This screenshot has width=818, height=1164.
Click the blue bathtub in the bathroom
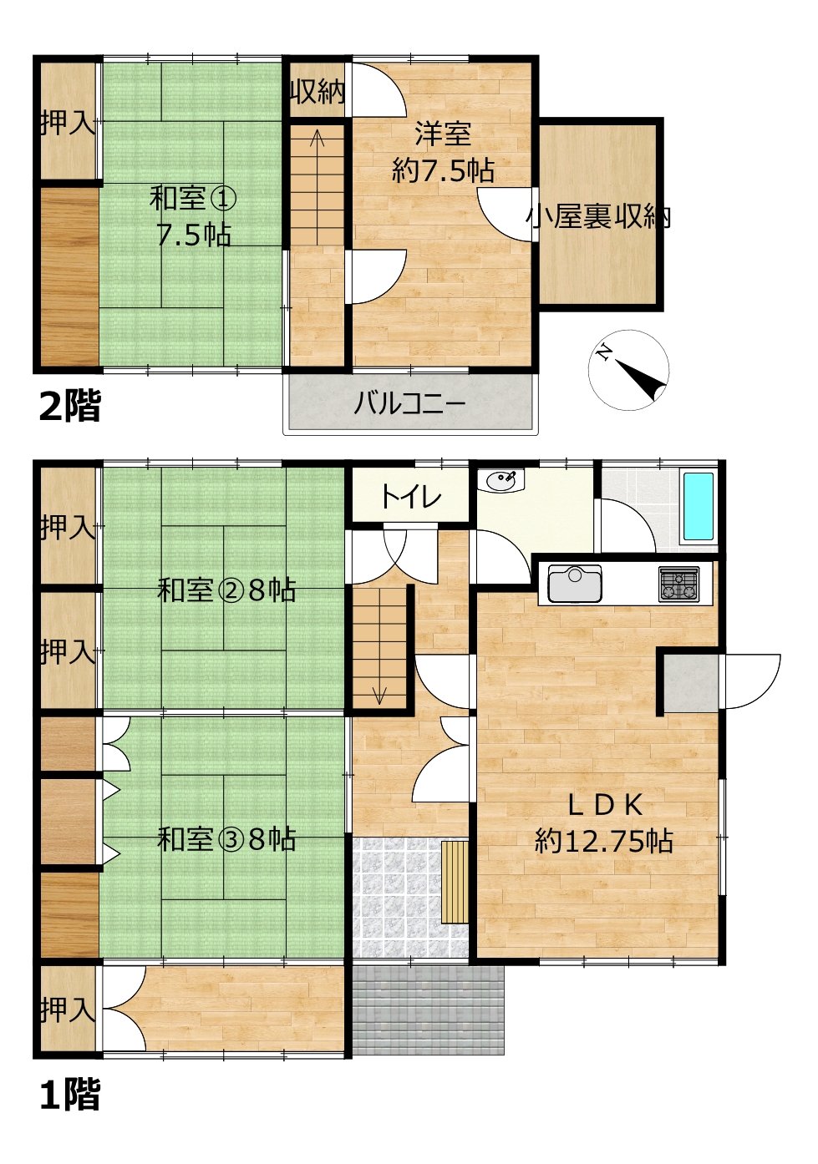click(698, 507)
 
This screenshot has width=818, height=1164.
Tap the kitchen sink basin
click(575, 584)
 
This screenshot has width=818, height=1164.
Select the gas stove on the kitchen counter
click(678, 584)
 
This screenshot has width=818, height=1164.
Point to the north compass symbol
click(628, 370)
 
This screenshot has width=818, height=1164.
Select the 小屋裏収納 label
click(598, 218)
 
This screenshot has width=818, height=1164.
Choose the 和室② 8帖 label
click(226, 591)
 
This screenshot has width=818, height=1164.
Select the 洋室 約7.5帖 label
click(443, 154)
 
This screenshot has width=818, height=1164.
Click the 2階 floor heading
click(69, 406)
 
